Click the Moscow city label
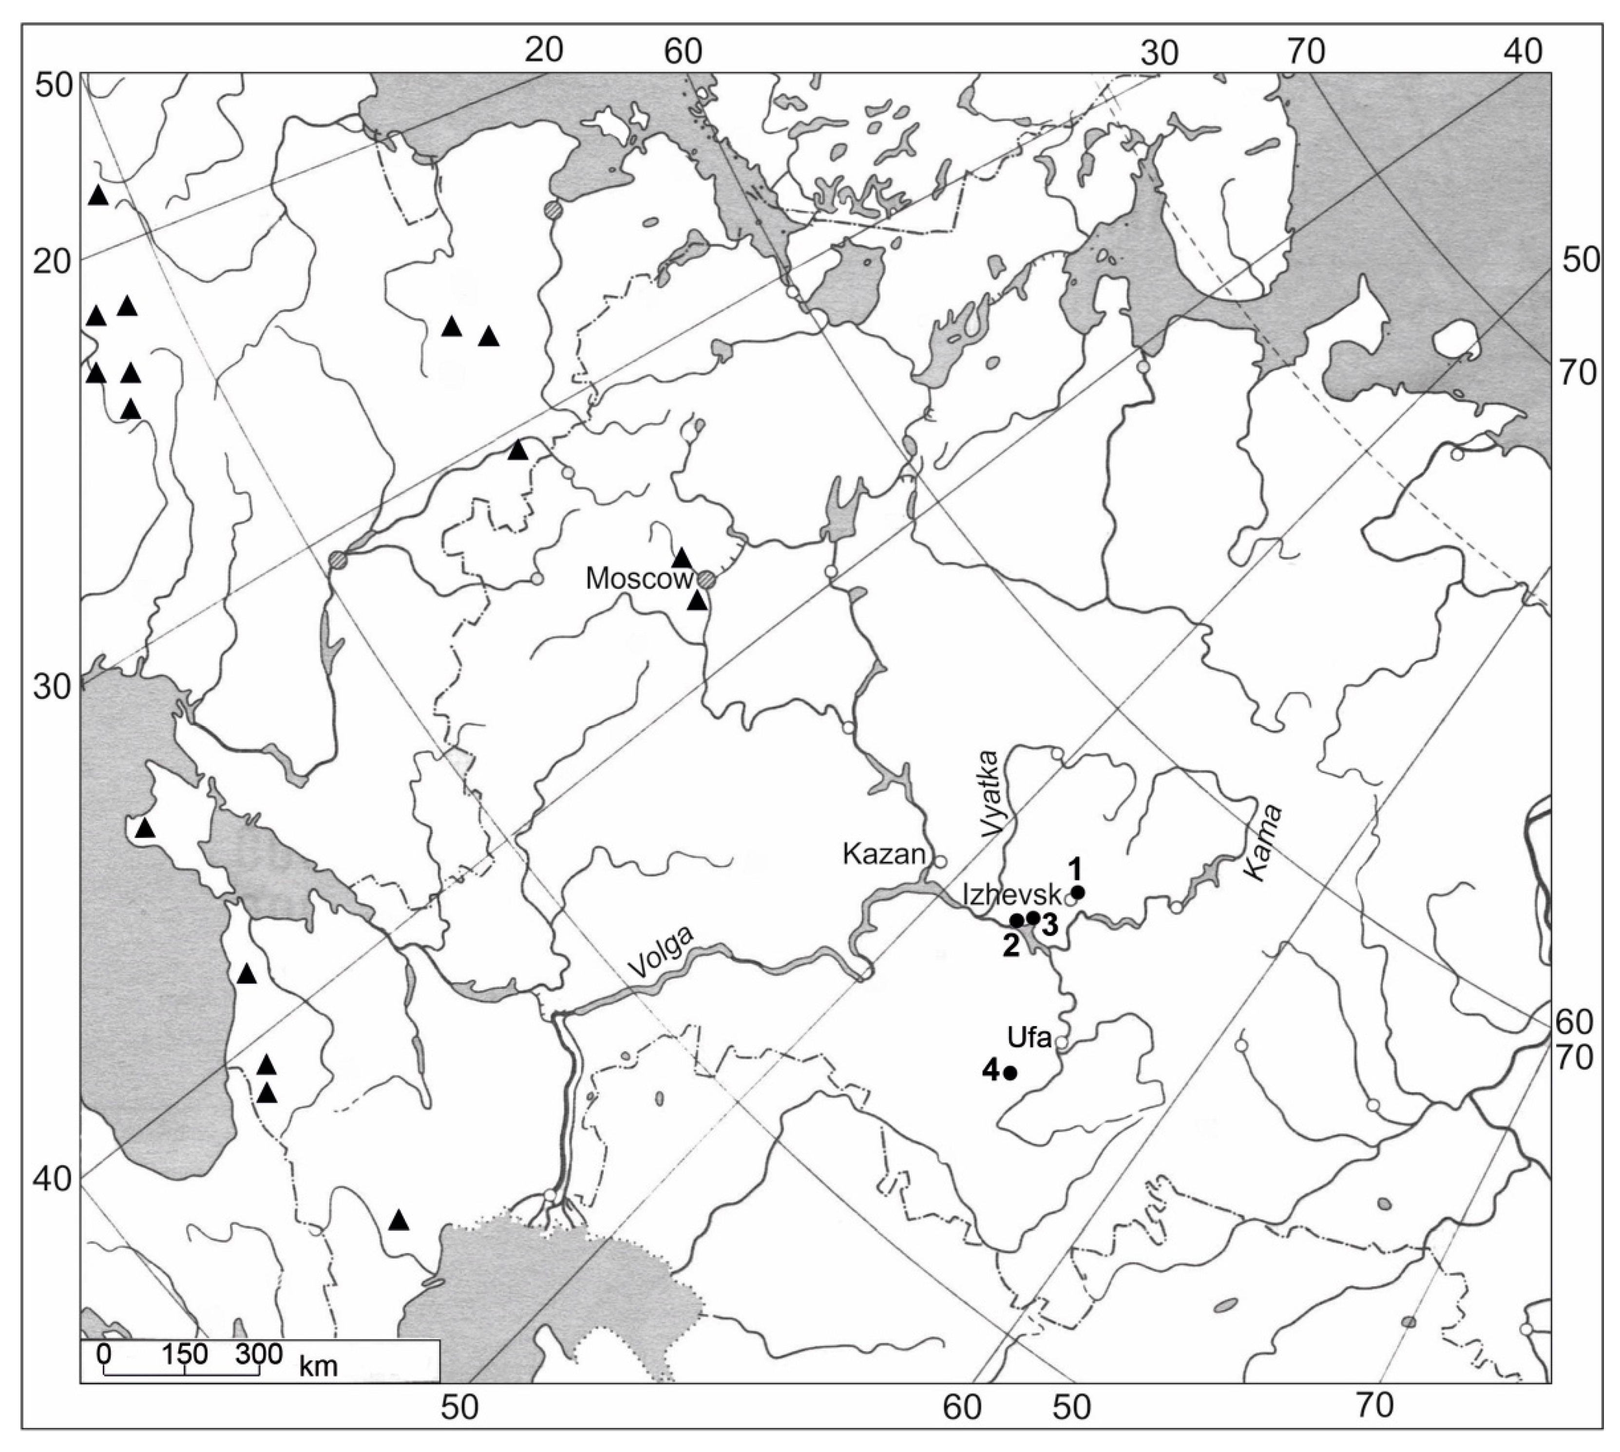[x=639, y=579]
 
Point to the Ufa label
[x=1029, y=1038]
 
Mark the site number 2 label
[x=1010, y=946]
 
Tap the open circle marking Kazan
[x=940, y=862]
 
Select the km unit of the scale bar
[x=319, y=1366]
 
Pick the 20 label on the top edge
[x=544, y=49]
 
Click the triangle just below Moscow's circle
[x=698, y=601]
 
